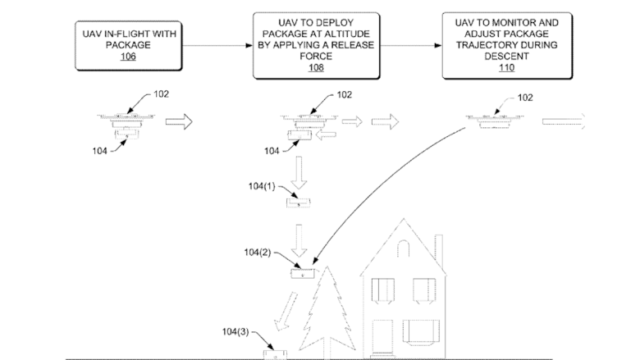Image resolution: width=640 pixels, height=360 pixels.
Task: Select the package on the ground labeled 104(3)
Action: tap(275, 353)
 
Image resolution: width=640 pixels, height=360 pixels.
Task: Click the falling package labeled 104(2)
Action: tap(302, 272)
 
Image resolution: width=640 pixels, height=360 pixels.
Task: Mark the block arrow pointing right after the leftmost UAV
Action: tap(179, 122)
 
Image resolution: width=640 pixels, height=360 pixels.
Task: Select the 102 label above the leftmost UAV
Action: tap(162, 94)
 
